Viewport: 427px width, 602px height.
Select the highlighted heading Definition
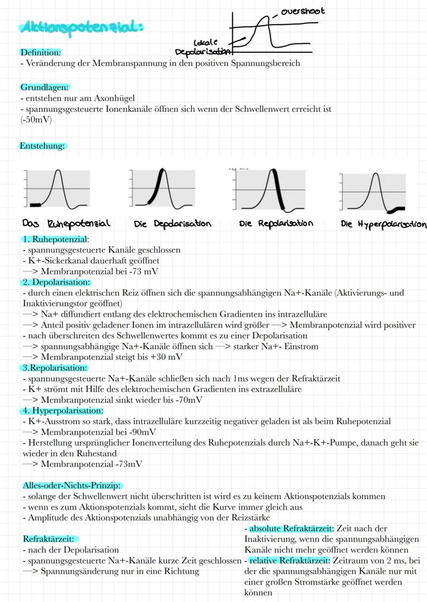(40, 52)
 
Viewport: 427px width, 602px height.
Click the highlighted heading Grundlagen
(44, 87)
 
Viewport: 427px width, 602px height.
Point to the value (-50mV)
(36, 120)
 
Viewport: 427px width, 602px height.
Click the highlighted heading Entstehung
(42, 146)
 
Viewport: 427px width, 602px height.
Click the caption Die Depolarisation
(172, 224)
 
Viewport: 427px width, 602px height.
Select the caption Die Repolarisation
(276, 224)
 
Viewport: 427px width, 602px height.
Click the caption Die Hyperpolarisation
(384, 225)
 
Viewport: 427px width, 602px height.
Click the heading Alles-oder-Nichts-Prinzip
(72, 486)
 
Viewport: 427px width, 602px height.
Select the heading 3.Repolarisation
(54, 368)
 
